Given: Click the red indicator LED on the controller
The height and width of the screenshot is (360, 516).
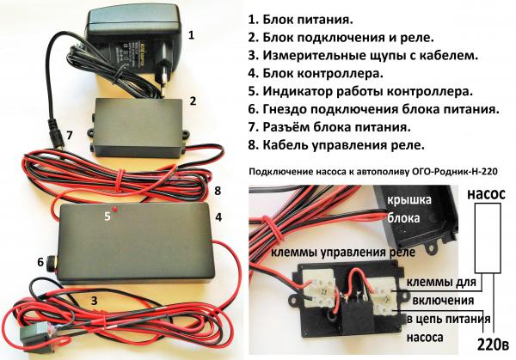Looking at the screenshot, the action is (x=115, y=209).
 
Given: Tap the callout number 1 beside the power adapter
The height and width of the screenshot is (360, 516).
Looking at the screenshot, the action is (x=192, y=35).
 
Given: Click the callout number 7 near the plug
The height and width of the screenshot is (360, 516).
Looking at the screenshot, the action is (x=69, y=135).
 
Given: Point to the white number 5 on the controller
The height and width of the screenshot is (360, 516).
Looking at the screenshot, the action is (x=107, y=217).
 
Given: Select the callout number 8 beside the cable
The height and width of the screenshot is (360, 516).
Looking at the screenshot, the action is (x=218, y=191).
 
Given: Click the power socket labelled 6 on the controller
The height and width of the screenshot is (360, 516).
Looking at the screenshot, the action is (x=52, y=262).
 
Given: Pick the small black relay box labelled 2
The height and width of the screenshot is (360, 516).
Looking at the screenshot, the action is (x=138, y=128).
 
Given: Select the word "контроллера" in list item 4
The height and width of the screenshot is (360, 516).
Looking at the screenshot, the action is (x=341, y=73).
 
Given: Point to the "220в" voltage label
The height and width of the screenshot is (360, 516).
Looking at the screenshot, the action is (x=493, y=345).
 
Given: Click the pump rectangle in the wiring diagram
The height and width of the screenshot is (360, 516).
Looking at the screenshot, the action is (x=488, y=238).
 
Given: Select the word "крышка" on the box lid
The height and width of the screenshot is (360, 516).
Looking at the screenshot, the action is (x=409, y=200).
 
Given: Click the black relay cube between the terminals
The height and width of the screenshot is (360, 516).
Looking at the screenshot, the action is (x=355, y=316).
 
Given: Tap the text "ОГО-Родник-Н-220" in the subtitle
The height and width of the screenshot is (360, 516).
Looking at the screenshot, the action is (x=455, y=171).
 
